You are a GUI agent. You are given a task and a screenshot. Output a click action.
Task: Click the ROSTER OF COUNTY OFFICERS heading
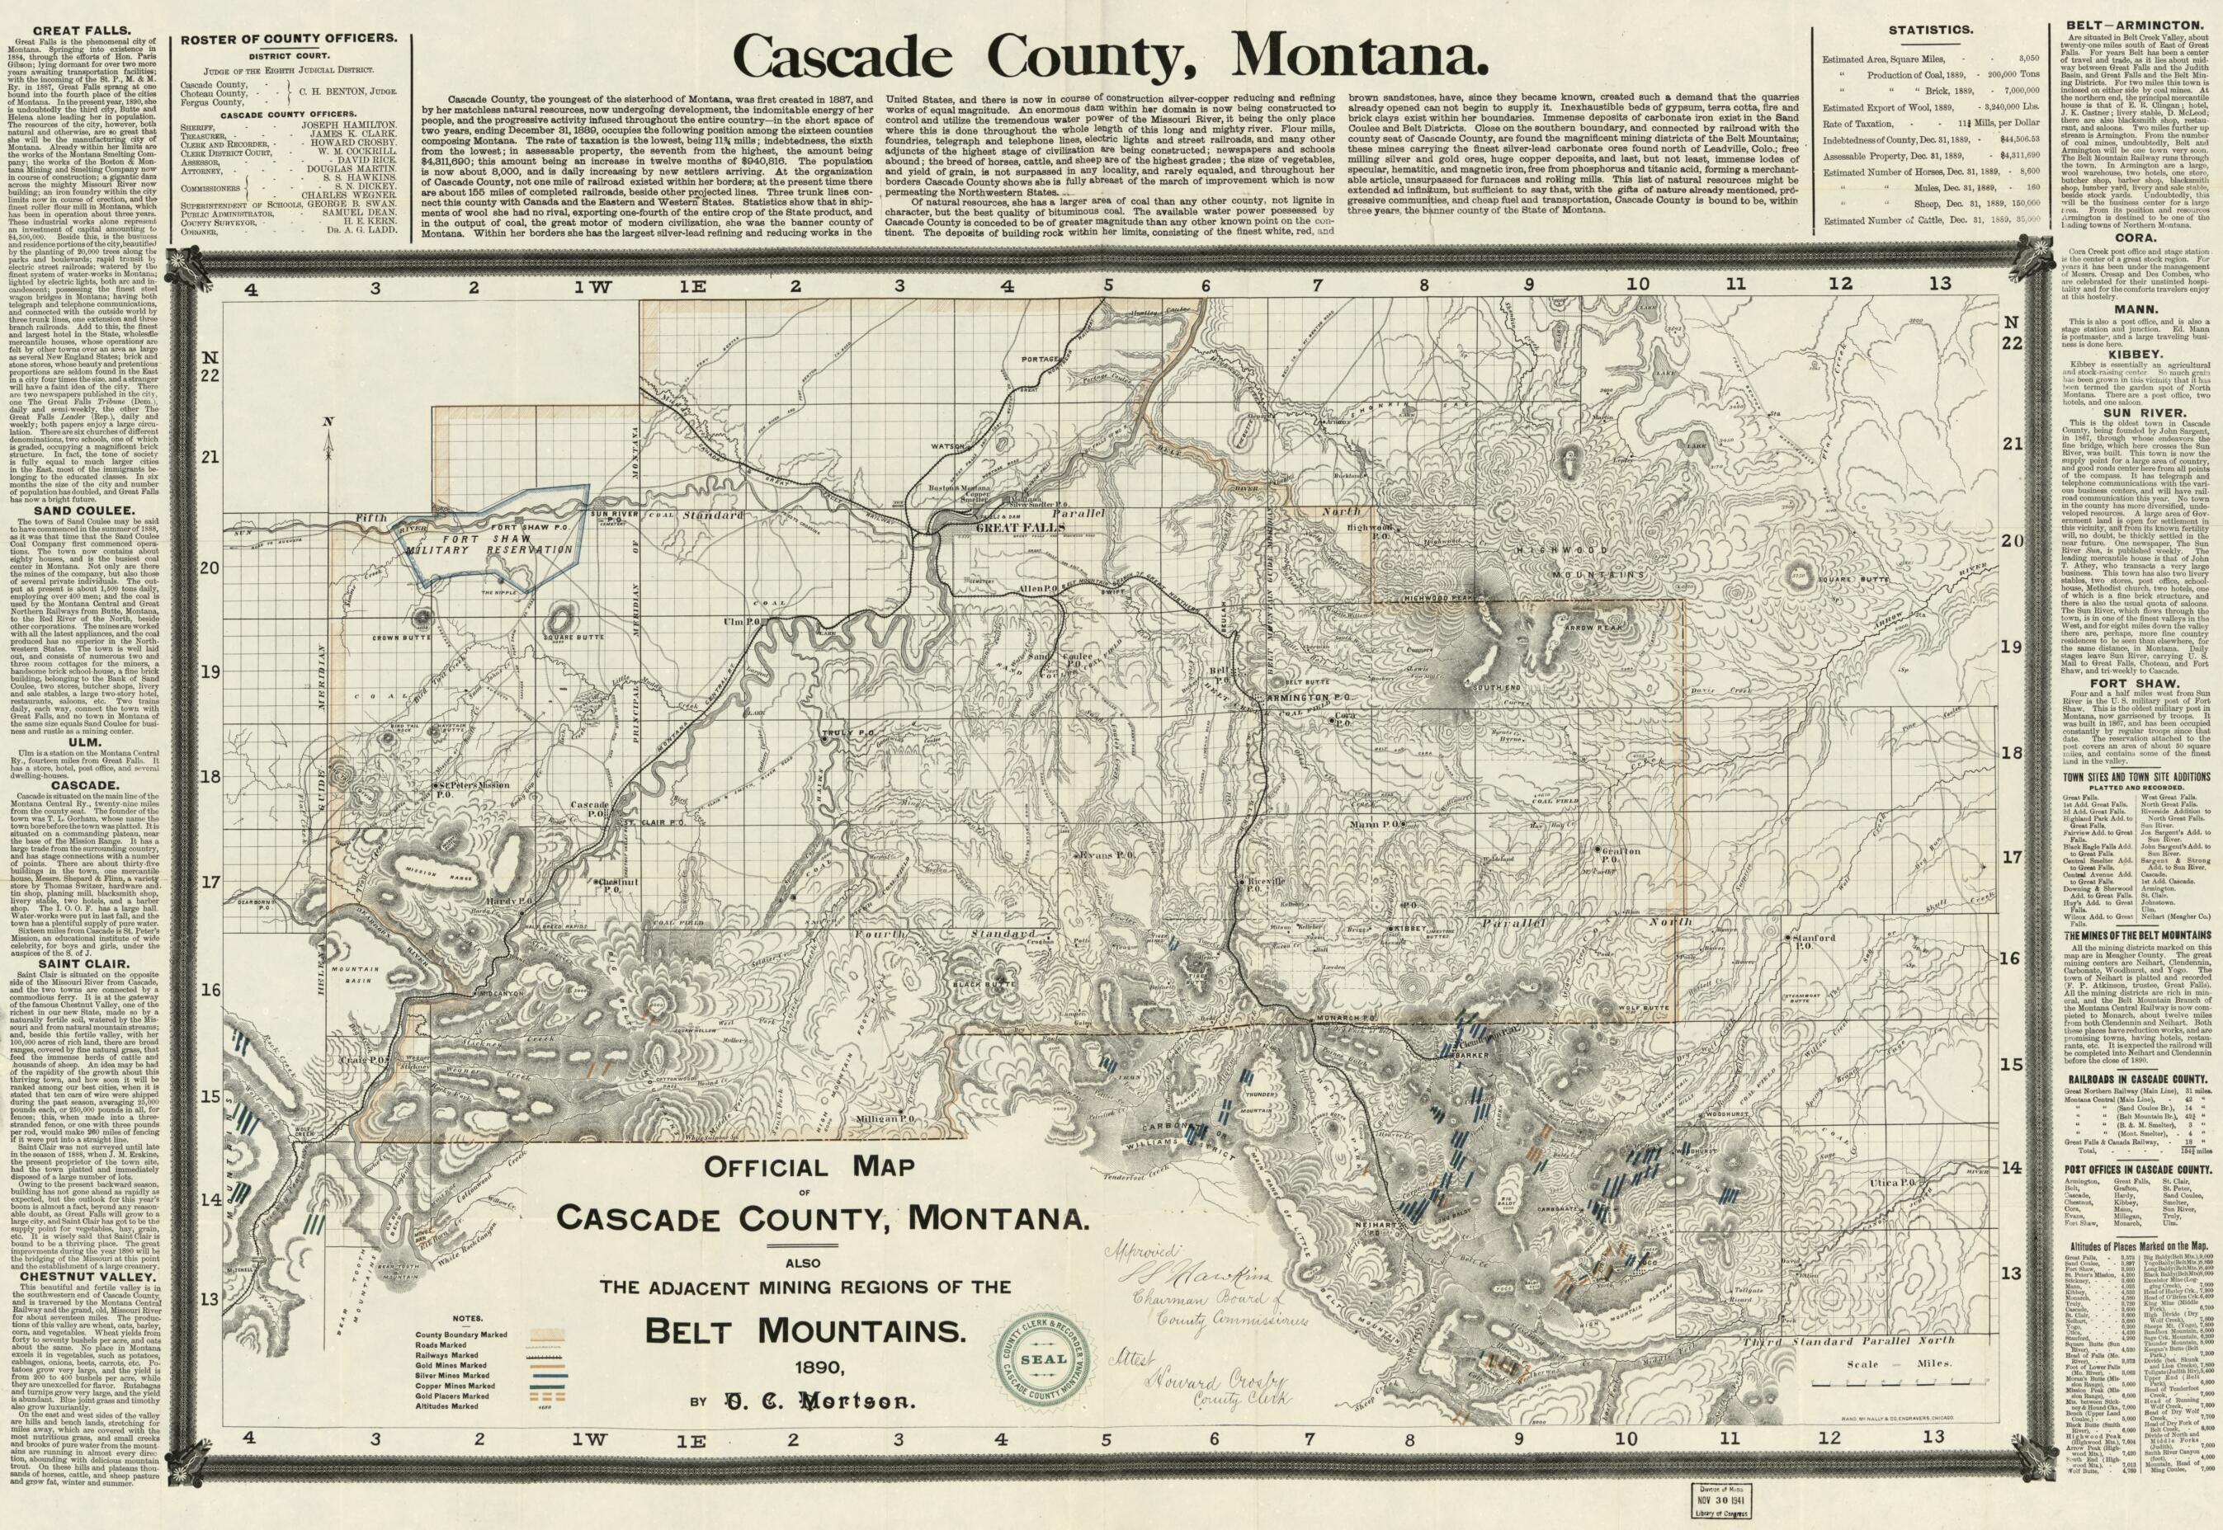pos(289,38)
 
